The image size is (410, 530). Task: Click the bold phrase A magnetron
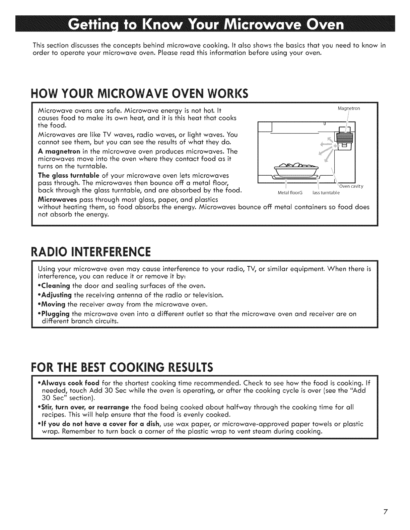click(x=56, y=151)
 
